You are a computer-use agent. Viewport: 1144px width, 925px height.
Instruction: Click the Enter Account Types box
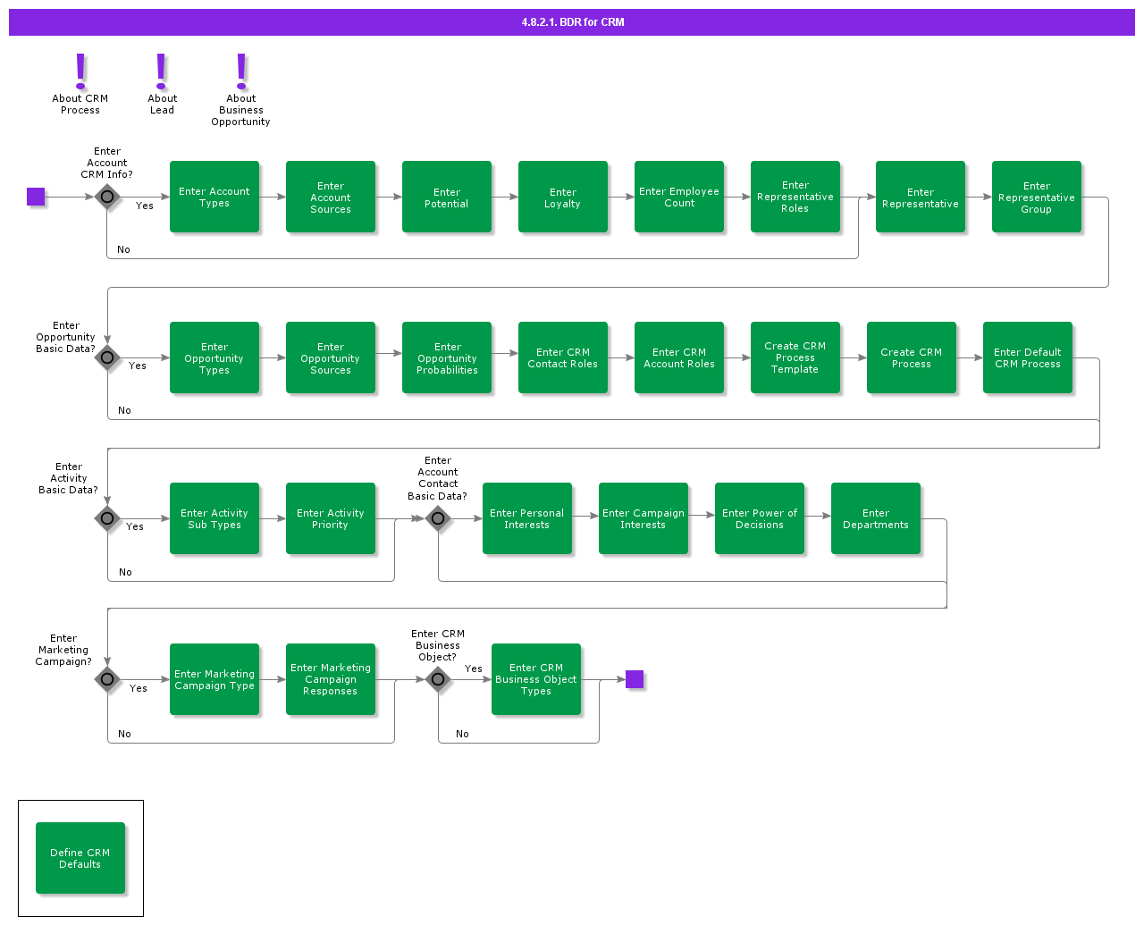pyautogui.click(x=214, y=197)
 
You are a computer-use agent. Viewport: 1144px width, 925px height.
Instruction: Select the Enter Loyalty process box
pyautogui.click(x=563, y=197)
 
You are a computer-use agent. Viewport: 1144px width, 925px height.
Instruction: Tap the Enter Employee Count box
pyautogui.click(x=679, y=197)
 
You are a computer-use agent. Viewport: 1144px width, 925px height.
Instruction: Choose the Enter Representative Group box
pyautogui.click(x=1037, y=197)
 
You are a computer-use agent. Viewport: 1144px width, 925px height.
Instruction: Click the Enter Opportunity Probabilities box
pyautogui.click(x=447, y=357)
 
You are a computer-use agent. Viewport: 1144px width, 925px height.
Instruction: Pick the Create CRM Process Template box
pyautogui.click(x=795, y=357)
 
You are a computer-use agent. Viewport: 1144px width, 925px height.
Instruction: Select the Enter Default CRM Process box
pyautogui.click(x=1028, y=357)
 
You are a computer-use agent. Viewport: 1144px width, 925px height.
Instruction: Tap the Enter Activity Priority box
pyautogui.click(x=331, y=518)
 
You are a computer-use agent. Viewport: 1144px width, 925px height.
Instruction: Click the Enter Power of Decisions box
pyautogui.click(x=760, y=518)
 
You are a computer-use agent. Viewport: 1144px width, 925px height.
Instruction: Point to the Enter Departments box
pyautogui.click(x=876, y=518)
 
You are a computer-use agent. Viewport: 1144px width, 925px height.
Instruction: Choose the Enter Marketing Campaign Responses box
pyautogui.click(x=331, y=679)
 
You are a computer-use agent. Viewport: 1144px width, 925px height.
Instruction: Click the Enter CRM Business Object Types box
pyautogui.click(x=536, y=679)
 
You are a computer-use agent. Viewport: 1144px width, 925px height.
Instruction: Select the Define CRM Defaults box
pyautogui.click(x=80, y=858)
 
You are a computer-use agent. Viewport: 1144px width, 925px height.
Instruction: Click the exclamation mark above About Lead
pyautogui.click(x=162, y=71)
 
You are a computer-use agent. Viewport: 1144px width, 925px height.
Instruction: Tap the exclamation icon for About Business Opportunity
pyautogui.click(x=241, y=71)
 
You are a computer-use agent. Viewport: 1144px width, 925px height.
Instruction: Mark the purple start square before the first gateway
pyautogui.click(x=36, y=197)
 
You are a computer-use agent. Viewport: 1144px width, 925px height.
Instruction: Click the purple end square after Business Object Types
pyautogui.click(x=635, y=679)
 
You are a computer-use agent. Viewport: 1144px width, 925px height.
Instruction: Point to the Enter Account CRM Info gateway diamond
pyautogui.click(x=107, y=197)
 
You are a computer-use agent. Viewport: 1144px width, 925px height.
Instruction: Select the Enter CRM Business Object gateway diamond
pyautogui.click(x=438, y=679)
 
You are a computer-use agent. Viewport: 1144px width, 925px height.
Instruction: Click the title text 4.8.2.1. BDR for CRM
pyautogui.click(x=573, y=22)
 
